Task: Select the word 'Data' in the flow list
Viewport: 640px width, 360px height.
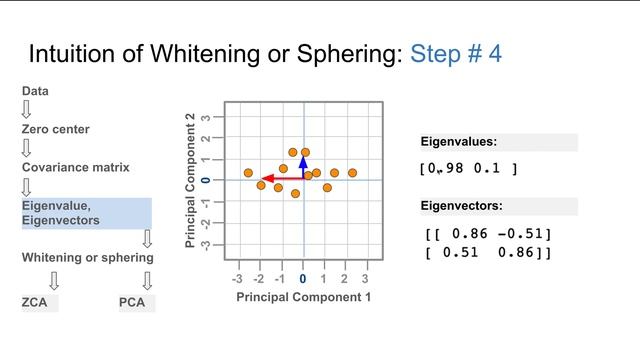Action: pos(35,91)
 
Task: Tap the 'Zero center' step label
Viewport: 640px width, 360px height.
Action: pos(56,129)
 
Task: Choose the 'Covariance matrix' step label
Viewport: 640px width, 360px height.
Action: pos(77,167)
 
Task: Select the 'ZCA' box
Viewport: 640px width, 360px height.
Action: pos(38,302)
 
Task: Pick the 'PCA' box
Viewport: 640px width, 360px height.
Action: pos(133,302)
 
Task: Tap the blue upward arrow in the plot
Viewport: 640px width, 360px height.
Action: pos(304,165)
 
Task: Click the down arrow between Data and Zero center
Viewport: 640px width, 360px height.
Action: pos(27,110)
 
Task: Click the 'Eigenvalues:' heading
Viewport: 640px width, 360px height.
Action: pos(458,142)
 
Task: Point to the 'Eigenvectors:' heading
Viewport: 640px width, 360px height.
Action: pos(461,206)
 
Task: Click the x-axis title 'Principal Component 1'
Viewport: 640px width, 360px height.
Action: pos(303,297)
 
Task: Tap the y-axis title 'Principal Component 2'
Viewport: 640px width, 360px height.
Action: pos(191,181)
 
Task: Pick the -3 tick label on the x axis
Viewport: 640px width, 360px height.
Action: pos(237,278)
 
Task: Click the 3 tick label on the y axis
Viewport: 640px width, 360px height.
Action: pos(205,117)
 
